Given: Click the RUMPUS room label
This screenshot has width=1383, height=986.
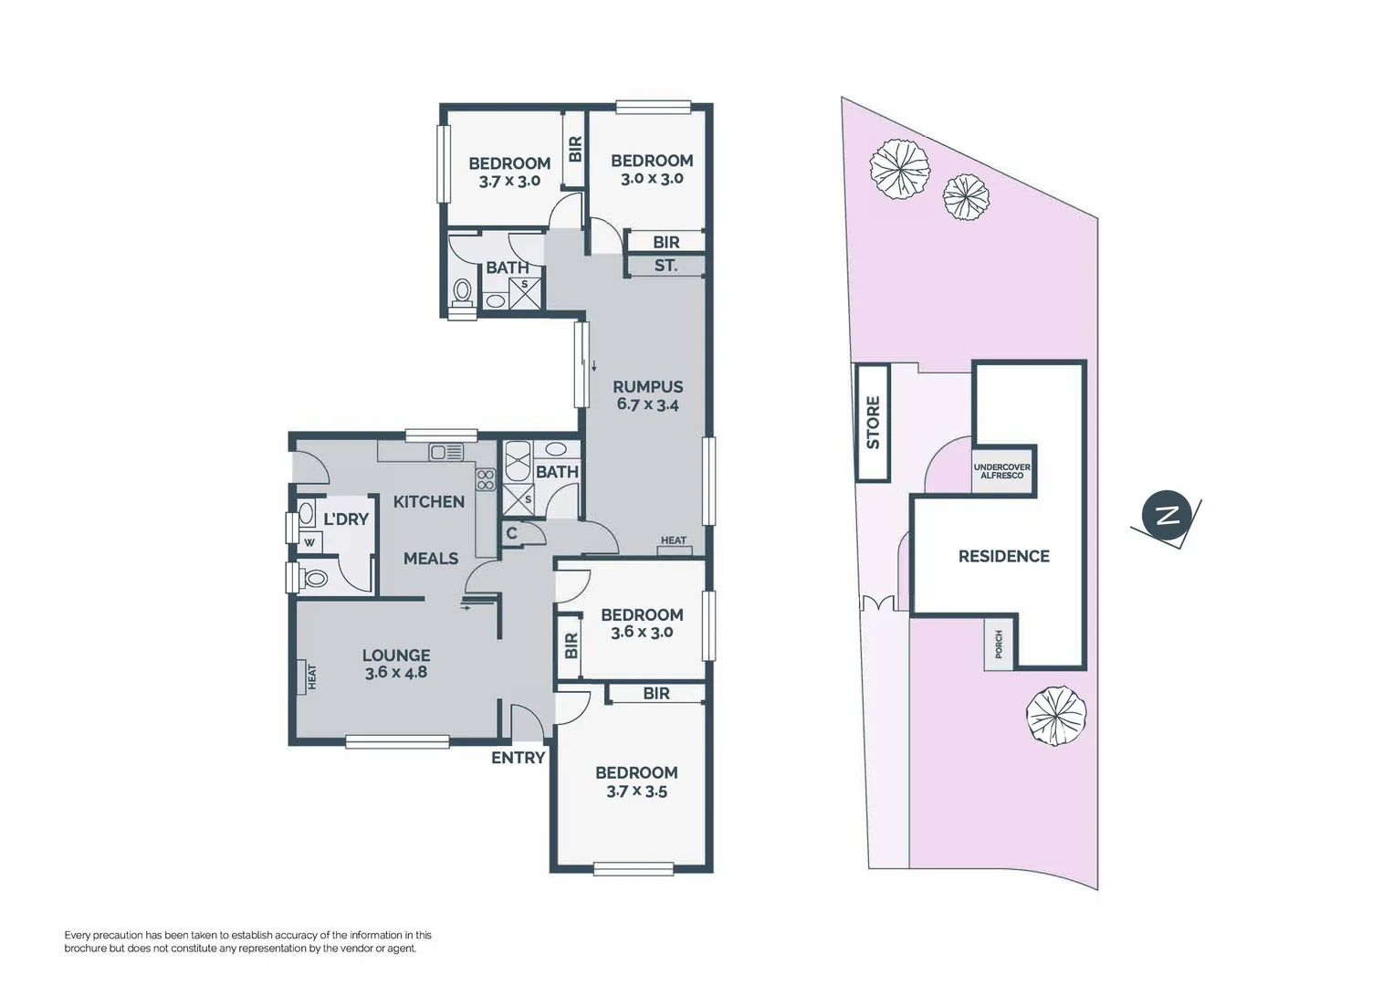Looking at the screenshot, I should (x=647, y=387).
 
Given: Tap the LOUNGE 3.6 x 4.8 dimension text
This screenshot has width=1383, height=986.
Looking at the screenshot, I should (x=395, y=673).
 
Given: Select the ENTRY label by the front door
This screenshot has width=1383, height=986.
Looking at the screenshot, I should (x=518, y=758).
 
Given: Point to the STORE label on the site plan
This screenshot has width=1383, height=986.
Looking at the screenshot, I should (x=873, y=422).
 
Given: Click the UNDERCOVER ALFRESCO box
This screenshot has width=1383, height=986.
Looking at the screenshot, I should (x=1001, y=471).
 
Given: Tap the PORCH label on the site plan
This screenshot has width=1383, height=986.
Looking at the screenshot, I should (x=999, y=645).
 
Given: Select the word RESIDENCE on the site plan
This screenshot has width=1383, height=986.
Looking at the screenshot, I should (x=1003, y=556).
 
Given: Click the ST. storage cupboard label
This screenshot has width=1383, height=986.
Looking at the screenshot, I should (x=665, y=266).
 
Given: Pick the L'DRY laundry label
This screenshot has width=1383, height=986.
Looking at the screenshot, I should (x=346, y=519).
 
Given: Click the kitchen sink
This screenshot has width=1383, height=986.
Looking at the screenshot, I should (x=446, y=451).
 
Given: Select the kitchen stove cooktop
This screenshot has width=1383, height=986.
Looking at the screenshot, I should (x=486, y=479).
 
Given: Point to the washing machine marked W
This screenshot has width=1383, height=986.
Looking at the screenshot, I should (x=309, y=542).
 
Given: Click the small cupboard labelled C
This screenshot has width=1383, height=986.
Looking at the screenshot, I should (x=511, y=533).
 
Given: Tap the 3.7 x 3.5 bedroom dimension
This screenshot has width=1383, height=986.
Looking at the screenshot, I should (x=636, y=792).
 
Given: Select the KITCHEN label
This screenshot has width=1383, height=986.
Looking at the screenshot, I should (x=428, y=501).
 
